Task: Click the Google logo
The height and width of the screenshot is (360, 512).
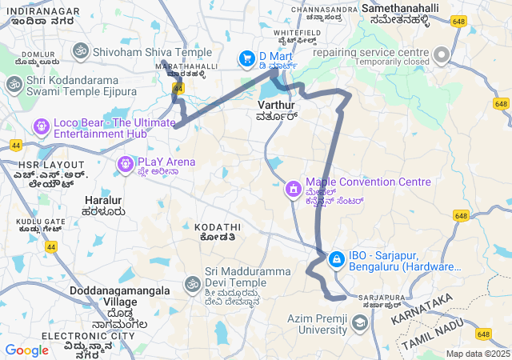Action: [26, 350]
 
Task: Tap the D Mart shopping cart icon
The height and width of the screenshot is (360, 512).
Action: [247, 58]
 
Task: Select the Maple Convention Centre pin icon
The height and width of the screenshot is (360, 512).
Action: [294, 190]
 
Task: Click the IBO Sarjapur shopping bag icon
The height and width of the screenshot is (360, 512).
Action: [336, 259]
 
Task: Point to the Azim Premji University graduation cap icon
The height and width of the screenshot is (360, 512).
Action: [359, 322]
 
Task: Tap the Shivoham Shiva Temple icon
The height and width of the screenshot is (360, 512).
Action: [80, 52]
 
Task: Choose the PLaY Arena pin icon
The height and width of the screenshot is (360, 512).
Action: [125, 164]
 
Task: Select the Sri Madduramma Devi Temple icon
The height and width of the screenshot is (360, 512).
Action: [192, 284]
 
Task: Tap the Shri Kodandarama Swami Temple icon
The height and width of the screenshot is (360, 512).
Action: [14, 84]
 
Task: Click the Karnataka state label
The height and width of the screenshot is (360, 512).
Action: [422, 307]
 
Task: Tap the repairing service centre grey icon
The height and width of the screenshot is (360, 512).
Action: [442, 53]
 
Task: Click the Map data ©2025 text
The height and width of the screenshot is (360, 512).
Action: [478, 354]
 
